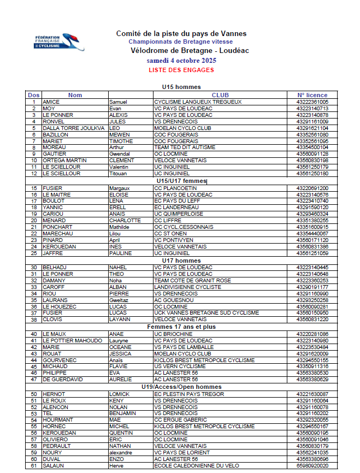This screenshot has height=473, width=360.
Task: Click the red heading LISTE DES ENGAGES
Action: pyautogui.click(x=181, y=70)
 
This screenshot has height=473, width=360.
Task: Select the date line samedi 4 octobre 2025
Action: pyautogui.click(x=181, y=61)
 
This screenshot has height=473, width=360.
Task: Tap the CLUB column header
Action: pyautogui.click(x=220, y=95)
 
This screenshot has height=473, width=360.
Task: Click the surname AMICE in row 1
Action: pyautogui.click(x=51, y=102)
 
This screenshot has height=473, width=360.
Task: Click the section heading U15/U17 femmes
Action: pyautogui.click(x=181, y=181)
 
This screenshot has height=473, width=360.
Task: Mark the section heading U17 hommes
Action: pyautogui.click(x=181, y=261)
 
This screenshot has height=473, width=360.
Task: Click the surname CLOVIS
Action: pyautogui.click(x=52, y=320)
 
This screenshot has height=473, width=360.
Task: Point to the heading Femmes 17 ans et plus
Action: pyautogui.click(x=181, y=327)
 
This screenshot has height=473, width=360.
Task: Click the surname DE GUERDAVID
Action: pyautogui.click(x=63, y=380)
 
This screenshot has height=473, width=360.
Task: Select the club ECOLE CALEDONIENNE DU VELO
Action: pyautogui.click(x=197, y=465)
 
